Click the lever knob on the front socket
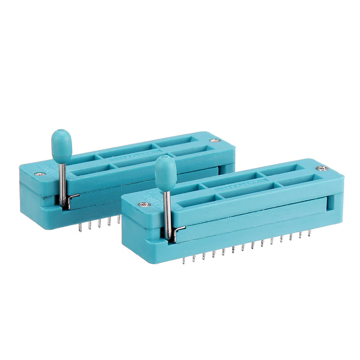166,172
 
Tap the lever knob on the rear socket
62,145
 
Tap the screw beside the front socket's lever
144,204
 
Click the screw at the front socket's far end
321,168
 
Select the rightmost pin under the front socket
310,233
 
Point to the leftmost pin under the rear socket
80,227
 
